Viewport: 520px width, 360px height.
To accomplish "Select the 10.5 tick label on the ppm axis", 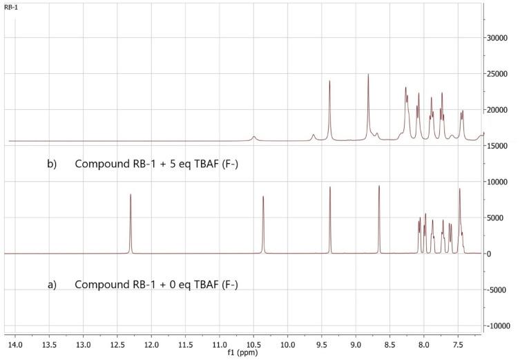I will click(x=253, y=341).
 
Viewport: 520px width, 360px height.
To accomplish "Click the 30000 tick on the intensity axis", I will click(x=500, y=38).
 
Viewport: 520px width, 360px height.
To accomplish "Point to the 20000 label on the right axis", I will click(x=500, y=110).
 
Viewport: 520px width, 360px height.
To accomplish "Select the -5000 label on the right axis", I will click(x=499, y=290).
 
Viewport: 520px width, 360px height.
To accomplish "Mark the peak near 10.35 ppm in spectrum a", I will click(x=263, y=198).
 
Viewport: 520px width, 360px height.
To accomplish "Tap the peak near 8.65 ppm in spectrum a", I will click(x=379, y=187).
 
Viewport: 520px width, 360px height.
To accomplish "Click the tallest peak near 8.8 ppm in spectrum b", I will click(x=369, y=75).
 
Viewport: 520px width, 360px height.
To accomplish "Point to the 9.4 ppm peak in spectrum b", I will click(x=330, y=82).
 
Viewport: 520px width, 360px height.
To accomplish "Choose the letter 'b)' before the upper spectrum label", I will click(x=52, y=164).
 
